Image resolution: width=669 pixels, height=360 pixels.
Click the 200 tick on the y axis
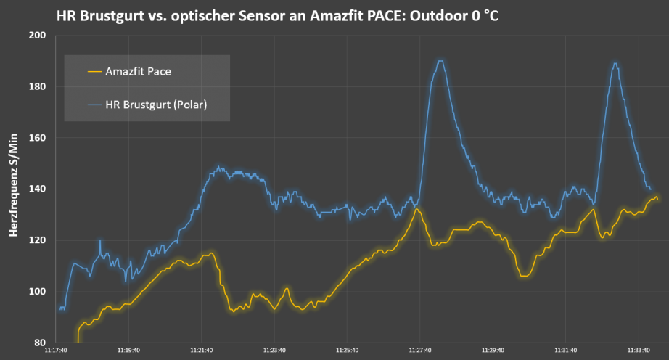(36, 36)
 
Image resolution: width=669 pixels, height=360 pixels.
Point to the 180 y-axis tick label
(36, 87)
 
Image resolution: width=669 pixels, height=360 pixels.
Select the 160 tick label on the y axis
(36, 138)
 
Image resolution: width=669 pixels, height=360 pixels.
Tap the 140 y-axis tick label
(36, 189)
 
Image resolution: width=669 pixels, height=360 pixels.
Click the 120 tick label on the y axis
(36, 240)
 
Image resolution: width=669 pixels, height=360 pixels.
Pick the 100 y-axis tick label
(36, 292)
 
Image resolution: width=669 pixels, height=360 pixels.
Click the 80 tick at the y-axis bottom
(39, 343)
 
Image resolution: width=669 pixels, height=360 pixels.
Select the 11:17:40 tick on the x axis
(56, 350)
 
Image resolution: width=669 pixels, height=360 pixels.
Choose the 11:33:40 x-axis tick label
(639, 350)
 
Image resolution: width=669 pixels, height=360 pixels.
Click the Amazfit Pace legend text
(138, 72)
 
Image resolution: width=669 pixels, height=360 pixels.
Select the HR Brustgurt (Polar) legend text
(156, 105)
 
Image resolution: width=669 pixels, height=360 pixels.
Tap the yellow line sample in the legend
(94, 72)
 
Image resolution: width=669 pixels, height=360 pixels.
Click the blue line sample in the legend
(94, 105)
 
